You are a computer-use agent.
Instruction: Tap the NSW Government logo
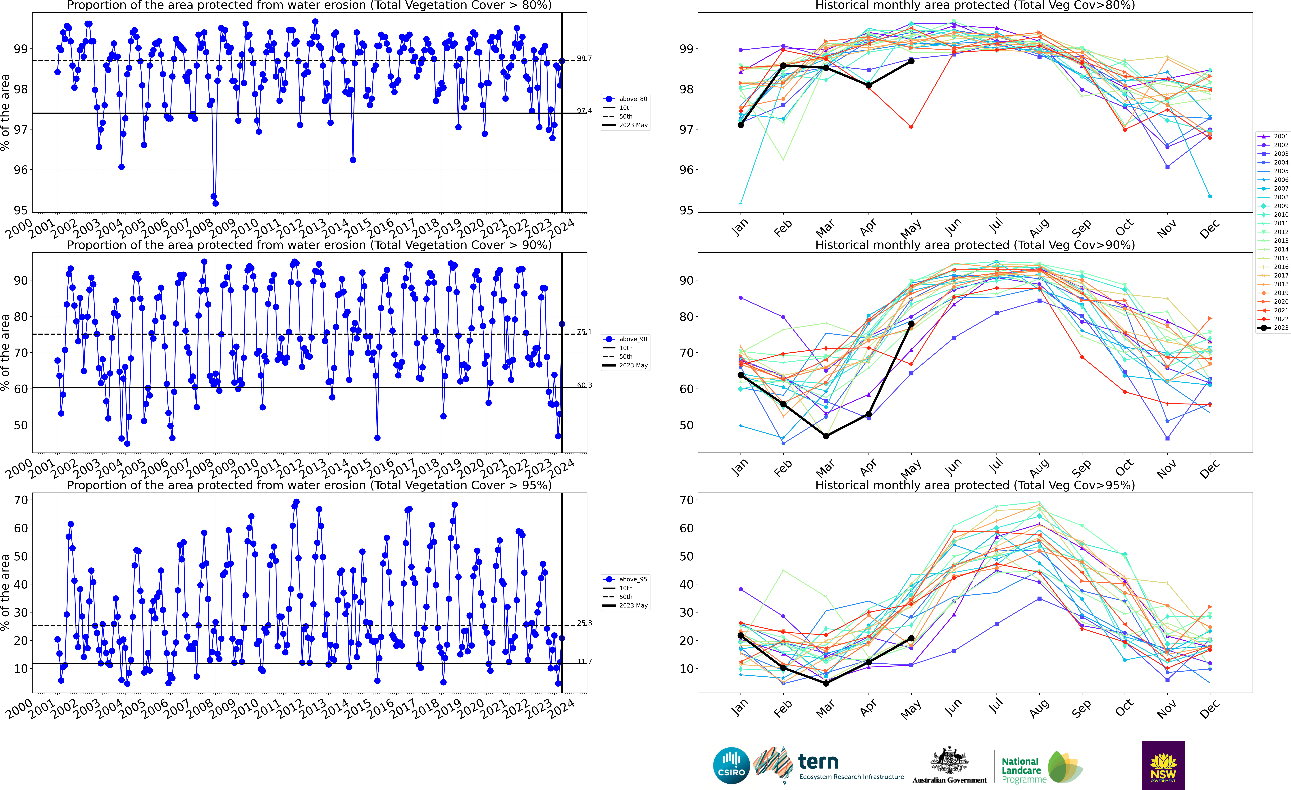1163,765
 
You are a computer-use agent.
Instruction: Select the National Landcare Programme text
1020,770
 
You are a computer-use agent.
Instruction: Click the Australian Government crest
949,761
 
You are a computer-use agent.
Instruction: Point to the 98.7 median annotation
584,58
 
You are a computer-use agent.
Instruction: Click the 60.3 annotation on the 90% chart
584,385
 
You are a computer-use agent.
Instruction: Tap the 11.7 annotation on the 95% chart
584,661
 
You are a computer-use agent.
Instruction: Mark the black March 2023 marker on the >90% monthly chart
826,436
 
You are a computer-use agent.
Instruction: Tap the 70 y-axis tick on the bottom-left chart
21,500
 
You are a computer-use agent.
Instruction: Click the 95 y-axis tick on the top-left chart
21,210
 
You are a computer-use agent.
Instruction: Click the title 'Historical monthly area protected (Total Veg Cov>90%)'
975,245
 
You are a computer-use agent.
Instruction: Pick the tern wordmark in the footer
818,761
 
